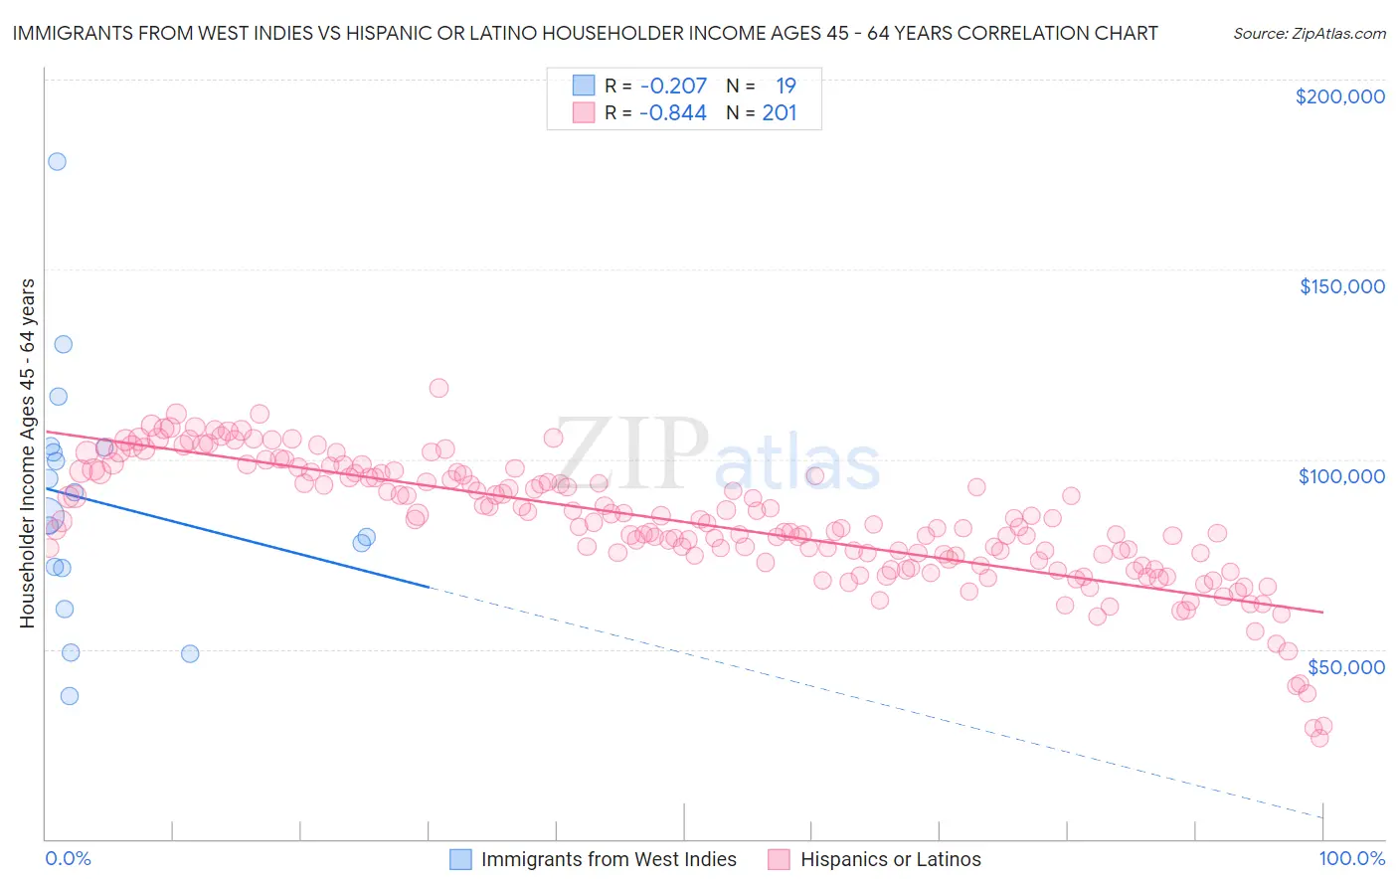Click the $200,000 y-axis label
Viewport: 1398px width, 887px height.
(1339, 96)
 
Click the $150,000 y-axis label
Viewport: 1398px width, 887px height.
(1341, 286)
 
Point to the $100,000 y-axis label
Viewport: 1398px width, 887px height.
(1341, 476)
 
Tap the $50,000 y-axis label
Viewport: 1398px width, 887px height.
(1345, 666)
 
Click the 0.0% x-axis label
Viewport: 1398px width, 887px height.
(69, 858)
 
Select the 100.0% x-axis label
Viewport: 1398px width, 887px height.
(1351, 858)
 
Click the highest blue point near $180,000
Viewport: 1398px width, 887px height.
(57, 161)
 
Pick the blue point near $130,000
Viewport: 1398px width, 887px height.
(63, 344)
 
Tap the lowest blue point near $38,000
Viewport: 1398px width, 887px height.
(69, 696)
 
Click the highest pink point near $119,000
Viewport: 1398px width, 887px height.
(438, 388)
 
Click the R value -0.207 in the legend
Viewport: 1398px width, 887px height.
(673, 86)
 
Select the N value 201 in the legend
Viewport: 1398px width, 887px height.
(780, 113)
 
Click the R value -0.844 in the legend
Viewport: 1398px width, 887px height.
(673, 113)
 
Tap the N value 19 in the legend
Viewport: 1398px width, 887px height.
(786, 86)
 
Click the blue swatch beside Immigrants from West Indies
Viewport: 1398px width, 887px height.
(460, 859)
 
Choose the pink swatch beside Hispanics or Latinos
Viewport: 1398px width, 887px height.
(779, 859)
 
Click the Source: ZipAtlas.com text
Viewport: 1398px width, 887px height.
(1309, 33)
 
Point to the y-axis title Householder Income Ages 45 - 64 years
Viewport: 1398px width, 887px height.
(27, 453)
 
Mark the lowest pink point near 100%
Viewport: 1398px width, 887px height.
(1319, 738)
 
